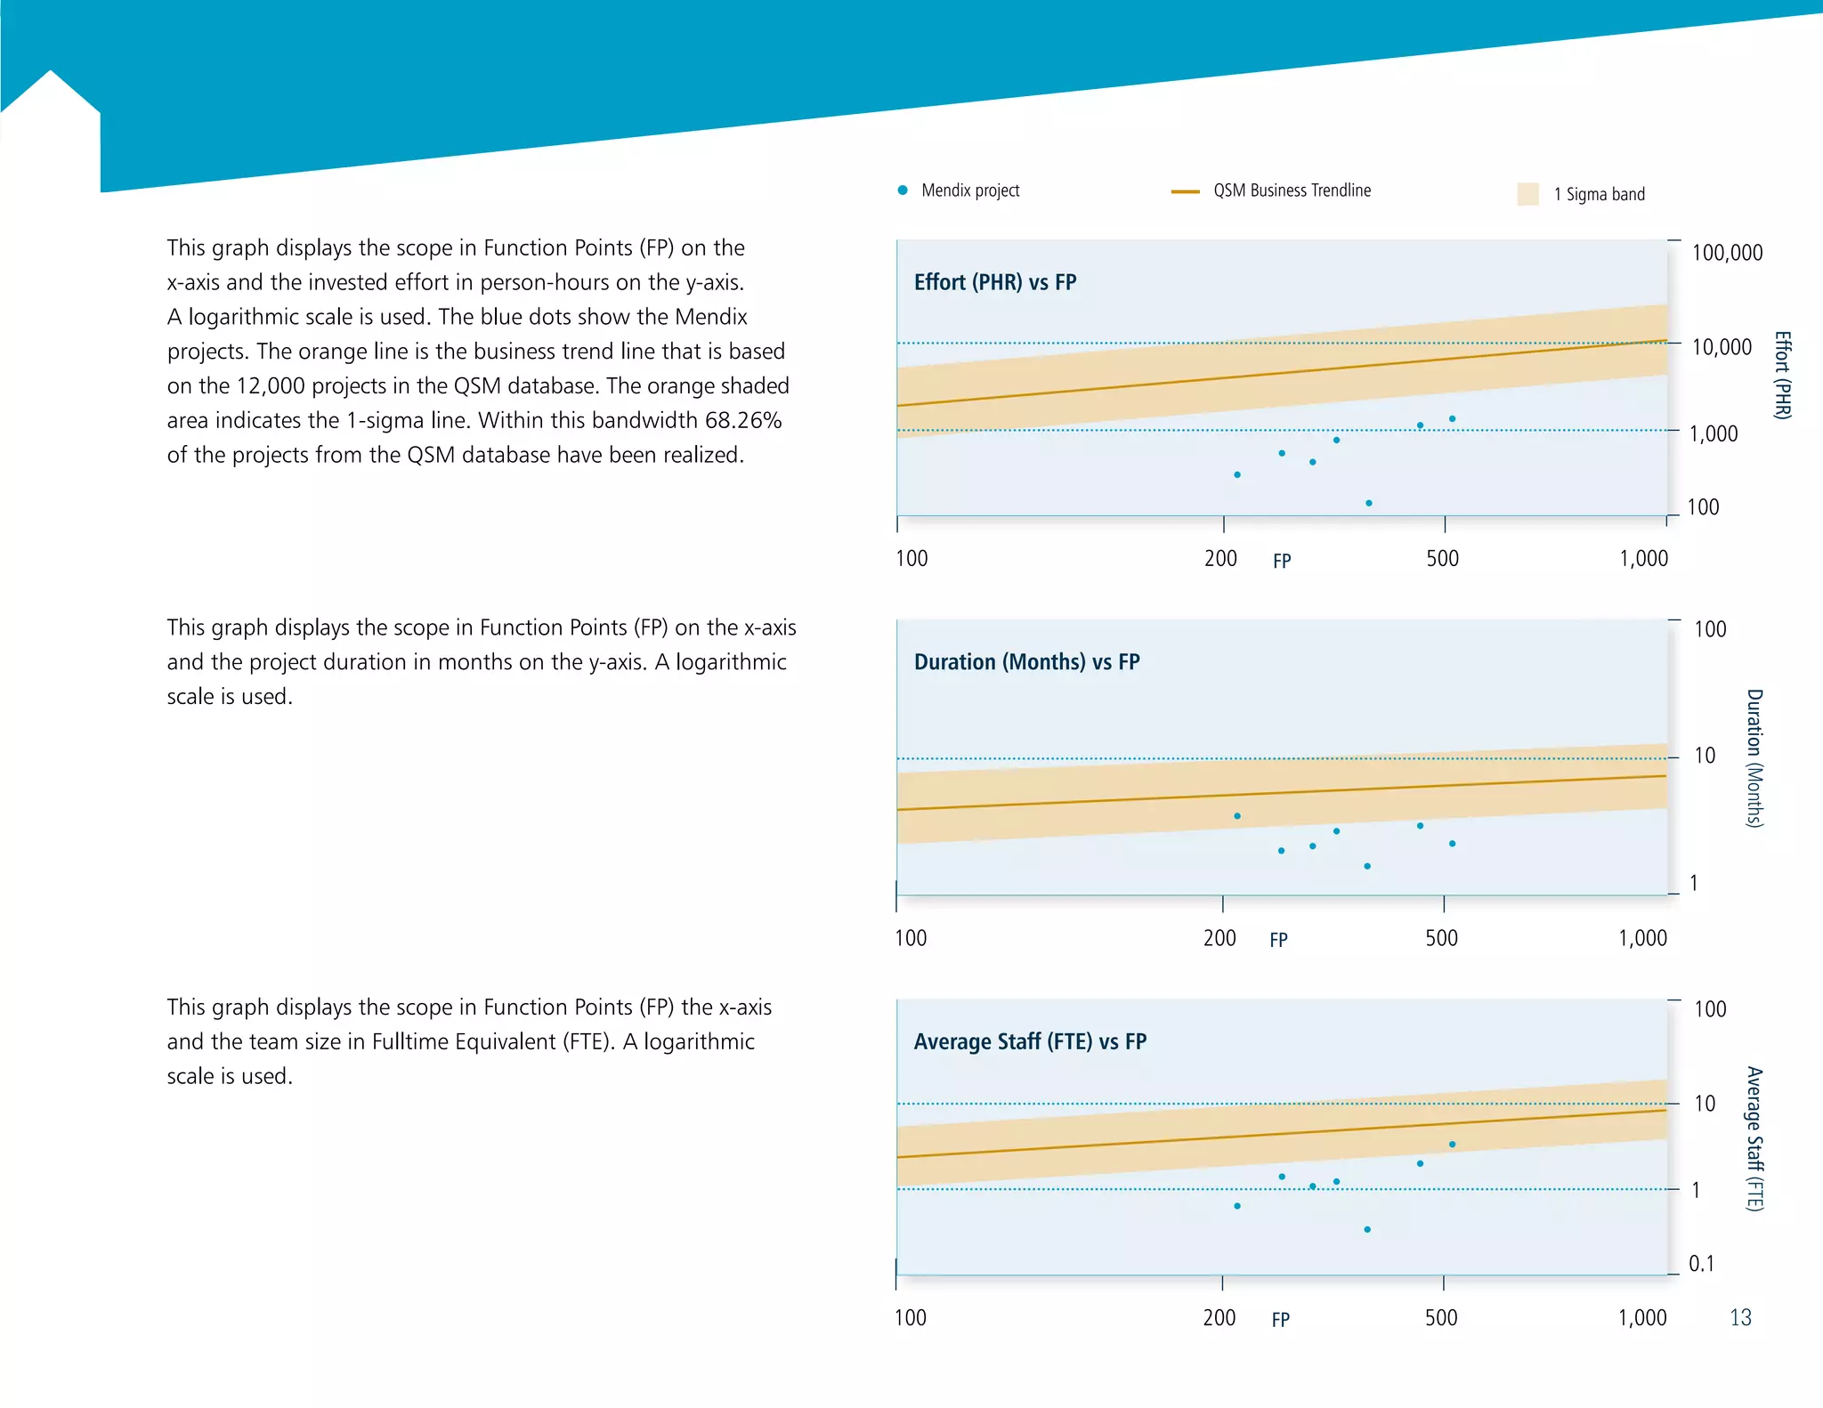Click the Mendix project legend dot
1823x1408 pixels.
pos(903,190)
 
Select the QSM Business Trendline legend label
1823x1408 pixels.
pos(1292,190)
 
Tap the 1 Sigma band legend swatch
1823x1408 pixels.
pos(1527,194)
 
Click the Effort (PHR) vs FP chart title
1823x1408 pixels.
pos(995,282)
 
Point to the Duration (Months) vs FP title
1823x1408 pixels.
pos(1026,662)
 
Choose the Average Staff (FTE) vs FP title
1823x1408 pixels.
pos(1030,1041)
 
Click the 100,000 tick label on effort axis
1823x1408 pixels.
pos(1727,253)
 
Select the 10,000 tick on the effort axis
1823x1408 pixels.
pos(1722,347)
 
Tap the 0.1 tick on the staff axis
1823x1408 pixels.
pos(1701,1264)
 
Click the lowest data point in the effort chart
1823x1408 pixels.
pos(1369,504)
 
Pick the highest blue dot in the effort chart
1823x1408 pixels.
pos(1452,418)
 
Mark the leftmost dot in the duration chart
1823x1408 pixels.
pos(1237,816)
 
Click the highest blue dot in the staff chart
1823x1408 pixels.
pos(1452,1145)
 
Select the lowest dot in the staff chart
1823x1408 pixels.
pos(1367,1230)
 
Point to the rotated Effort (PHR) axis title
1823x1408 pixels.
pos(1782,375)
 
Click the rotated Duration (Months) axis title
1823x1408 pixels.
pos(1754,758)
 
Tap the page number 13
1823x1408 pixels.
pos(1740,1317)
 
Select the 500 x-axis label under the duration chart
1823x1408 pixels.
pos(1441,938)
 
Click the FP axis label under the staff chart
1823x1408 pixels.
pos(1280,1320)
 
